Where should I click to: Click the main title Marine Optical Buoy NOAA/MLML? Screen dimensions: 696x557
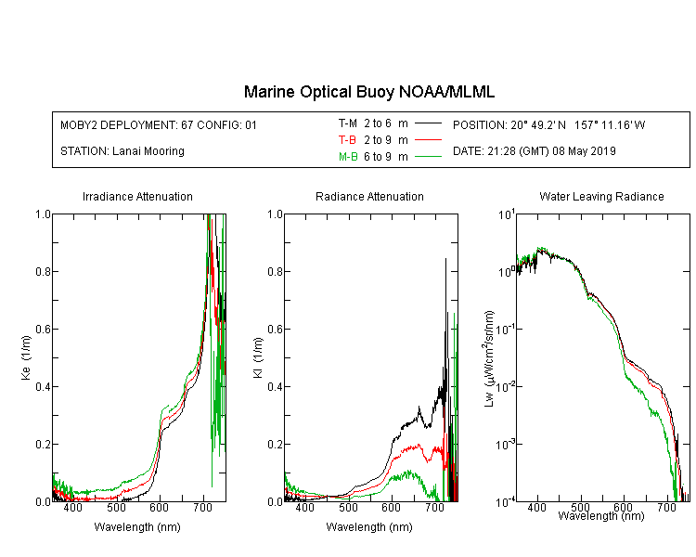pos(368,92)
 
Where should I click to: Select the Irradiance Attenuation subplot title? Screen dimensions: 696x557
pos(137,196)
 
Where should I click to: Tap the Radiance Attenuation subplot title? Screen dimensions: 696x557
pos(369,196)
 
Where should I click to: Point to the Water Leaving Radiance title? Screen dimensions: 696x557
pos(601,196)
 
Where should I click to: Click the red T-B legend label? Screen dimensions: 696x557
pos(347,140)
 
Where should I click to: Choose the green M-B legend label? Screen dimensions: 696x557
pos(348,157)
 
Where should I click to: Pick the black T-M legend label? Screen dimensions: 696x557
pos(348,123)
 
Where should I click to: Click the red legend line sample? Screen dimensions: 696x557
pos(428,140)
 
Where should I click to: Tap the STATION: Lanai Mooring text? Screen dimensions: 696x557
pos(122,151)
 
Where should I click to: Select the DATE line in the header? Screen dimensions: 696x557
pos(534,151)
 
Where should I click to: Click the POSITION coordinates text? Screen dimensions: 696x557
pos(548,124)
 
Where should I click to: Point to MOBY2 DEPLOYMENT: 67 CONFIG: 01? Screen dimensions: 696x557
pos(159,124)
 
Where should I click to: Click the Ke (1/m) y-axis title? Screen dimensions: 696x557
pos(26,357)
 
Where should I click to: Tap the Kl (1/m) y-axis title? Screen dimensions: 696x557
pos(258,357)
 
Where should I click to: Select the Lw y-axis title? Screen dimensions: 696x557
pos(488,358)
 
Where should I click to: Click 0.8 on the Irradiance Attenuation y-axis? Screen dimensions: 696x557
pos(43,271)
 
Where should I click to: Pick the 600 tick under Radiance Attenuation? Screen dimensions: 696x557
pos(392,507)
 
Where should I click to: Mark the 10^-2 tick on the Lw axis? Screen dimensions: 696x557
pos(505,386)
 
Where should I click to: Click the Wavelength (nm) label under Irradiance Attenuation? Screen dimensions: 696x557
pos(137,527)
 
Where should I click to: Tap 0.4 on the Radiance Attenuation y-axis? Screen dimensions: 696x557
pos(276,386)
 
